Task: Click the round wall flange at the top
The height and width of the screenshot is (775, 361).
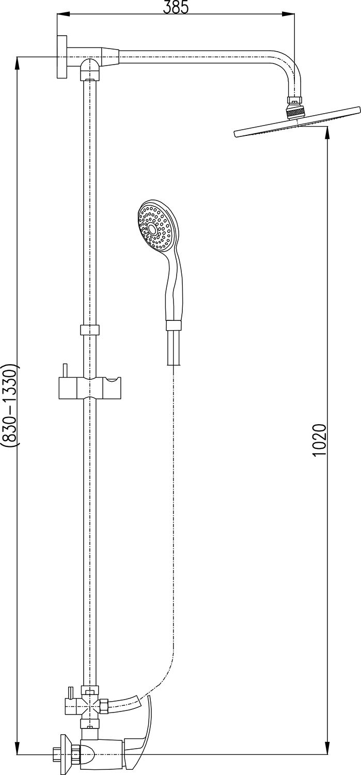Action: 62,57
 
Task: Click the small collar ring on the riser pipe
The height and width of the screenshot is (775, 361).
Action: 90,330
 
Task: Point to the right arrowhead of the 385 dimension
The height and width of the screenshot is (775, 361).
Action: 289,14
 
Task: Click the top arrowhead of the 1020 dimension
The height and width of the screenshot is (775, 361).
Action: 327,133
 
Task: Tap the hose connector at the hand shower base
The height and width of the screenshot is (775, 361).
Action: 174,326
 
